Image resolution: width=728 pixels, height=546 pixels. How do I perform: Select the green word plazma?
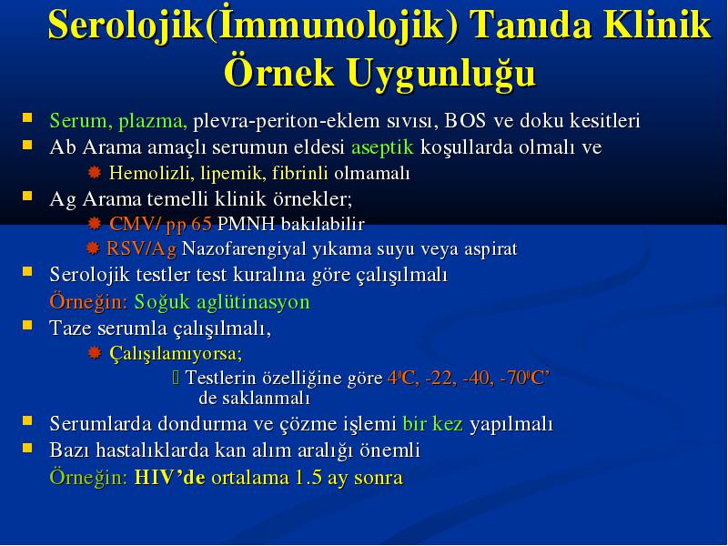(153, 121)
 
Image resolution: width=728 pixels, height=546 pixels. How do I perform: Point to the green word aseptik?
(382, 147)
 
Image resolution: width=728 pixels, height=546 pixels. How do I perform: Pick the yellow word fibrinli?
(300, 173)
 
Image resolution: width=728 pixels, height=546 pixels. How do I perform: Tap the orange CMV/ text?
(135, 224)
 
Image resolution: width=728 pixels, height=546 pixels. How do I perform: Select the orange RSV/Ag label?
(142, 248)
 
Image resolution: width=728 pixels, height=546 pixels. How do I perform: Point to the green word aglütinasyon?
(253, 302)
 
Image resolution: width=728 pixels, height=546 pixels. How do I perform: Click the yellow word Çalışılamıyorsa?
(176, 353)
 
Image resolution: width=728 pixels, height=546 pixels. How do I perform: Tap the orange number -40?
(477, 378)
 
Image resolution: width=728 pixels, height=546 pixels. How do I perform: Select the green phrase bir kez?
(433, 424)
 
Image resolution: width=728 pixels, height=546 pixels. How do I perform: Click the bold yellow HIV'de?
(169, 478)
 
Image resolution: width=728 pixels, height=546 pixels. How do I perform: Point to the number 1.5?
(308, 478)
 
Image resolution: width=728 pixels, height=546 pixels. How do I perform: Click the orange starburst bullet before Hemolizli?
(95, 173)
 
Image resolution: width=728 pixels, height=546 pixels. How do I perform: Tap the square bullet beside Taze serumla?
(28, 325)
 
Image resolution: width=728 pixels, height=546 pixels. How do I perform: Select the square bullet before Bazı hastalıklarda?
(28, 448)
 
